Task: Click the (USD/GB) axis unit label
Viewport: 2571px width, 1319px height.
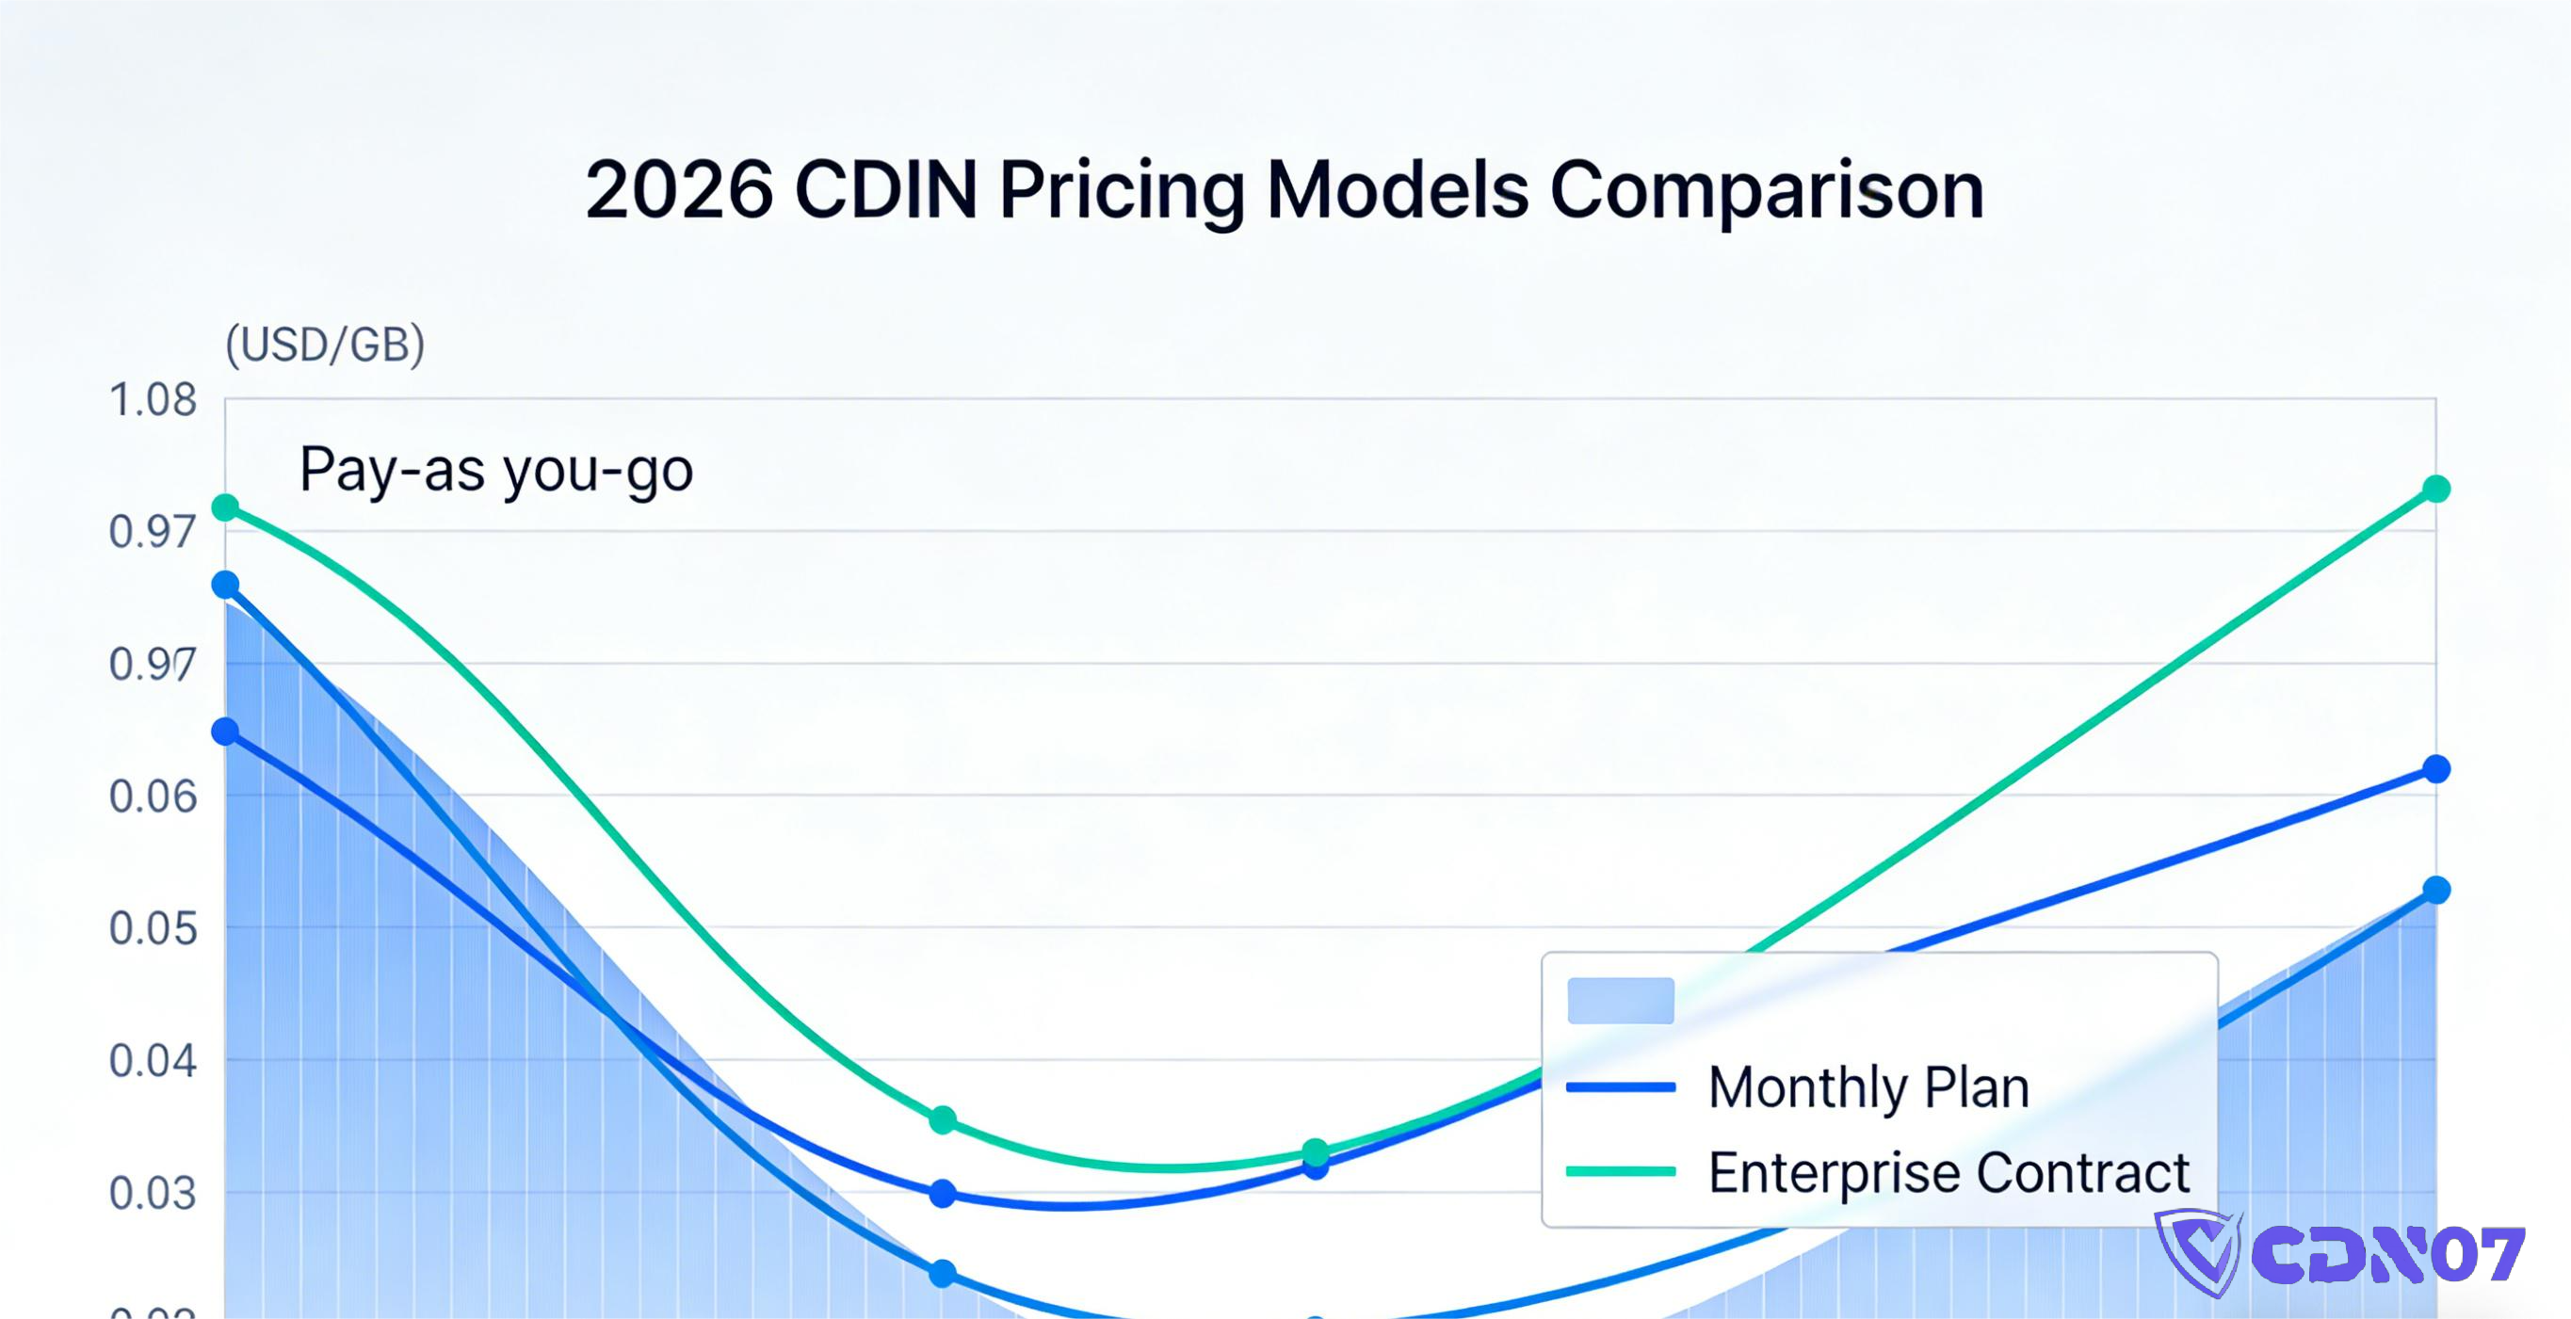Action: (325, 345)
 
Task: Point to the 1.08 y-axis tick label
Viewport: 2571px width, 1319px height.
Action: (153, 400)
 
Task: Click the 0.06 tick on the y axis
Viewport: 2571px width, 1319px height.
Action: (153, 796)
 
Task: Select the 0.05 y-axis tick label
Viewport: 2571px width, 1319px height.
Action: (153, 929)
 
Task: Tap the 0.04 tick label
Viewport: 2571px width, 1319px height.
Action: (153, 1061)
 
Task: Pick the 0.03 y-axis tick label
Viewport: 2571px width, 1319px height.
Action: (153, 1193)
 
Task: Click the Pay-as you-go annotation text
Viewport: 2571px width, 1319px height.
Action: (496, 469)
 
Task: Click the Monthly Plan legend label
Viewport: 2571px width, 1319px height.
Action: (1868, 1086)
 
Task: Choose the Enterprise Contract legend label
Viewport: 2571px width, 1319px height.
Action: (1948, 1172)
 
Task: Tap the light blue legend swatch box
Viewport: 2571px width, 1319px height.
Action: (1620, 1001)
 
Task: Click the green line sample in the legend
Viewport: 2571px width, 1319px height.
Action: (1620, 1172)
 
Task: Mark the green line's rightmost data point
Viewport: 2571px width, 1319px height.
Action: (2436, 489)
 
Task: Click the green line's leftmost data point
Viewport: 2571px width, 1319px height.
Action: (226, 507)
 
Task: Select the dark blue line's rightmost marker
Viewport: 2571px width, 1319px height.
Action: (2436, 769)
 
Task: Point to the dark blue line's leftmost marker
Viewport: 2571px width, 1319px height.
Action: (226, 732)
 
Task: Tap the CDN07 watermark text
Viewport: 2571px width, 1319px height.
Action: (2387, 1255)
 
